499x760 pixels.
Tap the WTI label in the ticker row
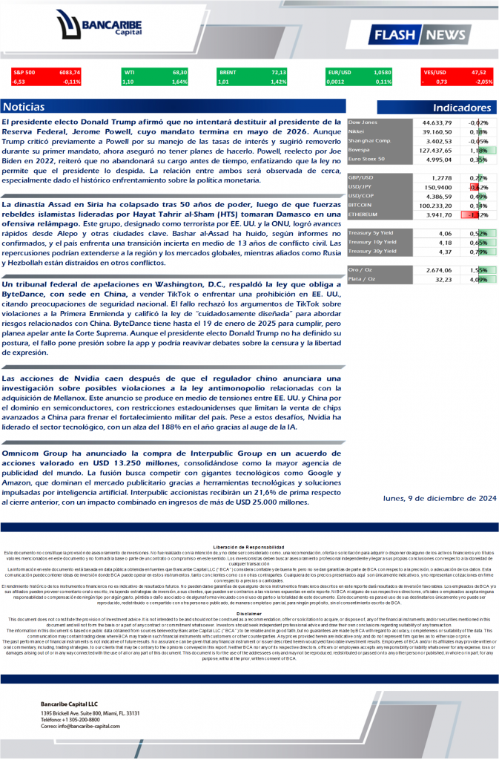[x=130, y=72]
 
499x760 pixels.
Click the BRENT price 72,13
[x=279, y=72]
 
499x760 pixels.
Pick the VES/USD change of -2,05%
[x=483, y=82]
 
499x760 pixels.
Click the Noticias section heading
[x=24, y=107]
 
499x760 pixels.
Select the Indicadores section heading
[x=462, y=108]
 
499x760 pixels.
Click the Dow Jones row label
[x=363, y=121]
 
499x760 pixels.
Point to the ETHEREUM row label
[x=365, y=214]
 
